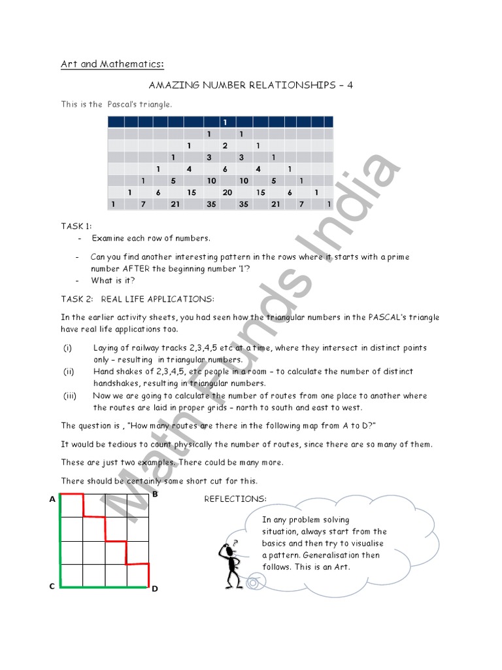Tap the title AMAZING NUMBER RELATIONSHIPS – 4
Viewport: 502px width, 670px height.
(x=251, y=85)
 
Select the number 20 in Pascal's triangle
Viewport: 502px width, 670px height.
(x=227, y=192)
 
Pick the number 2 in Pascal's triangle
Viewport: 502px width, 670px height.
(x=225, y=145)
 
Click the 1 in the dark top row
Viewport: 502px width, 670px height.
(x=225, y=122)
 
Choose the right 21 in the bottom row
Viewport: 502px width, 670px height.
(x=276, y=204)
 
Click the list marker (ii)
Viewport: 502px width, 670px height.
(x=68, y=372)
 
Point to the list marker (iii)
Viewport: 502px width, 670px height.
(x=69, y=396)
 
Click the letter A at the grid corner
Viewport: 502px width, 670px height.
(x=52, y=499)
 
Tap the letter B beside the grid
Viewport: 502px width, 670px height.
(x=155, y=495)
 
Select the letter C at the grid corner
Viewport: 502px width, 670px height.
(x=52, y=587)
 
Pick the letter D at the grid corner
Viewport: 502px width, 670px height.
(x=155, y=589)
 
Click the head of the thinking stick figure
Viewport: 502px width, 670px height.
(x=228, y=549)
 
